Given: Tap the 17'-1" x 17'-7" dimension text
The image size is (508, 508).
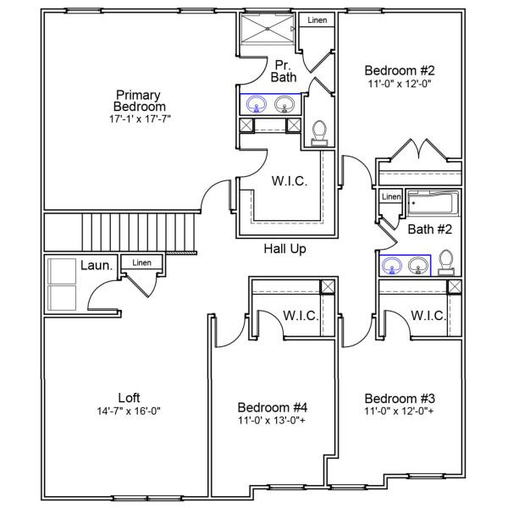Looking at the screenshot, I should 140,119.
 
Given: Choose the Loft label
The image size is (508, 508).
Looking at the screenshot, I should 130,398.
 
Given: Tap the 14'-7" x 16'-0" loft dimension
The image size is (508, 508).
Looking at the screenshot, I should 130,411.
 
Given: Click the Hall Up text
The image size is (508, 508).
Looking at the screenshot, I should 284,249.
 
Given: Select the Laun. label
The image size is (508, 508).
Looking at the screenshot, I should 97,266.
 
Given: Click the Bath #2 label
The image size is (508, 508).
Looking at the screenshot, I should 430,229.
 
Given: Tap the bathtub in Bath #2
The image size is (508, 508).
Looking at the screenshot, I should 433,205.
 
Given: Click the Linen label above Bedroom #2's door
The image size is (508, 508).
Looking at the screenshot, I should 317,20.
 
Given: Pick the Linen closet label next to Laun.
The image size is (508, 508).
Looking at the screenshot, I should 141,263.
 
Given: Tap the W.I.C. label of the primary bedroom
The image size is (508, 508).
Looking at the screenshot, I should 288,181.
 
